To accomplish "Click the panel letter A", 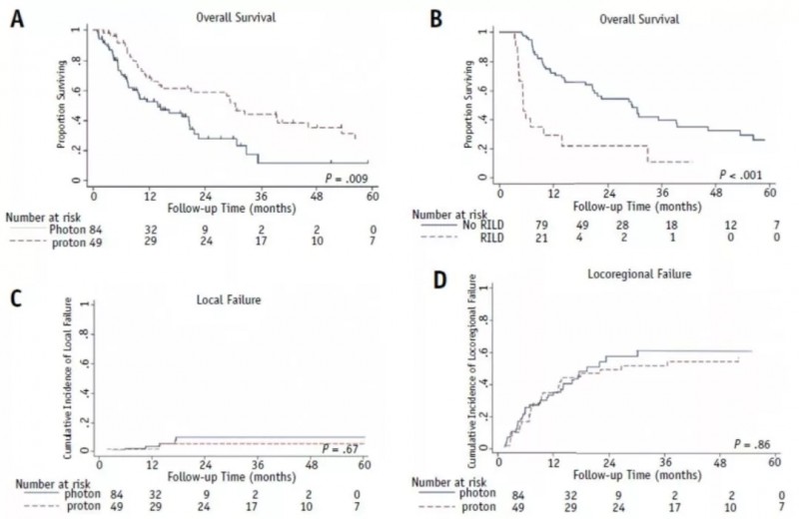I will tap(17, 19).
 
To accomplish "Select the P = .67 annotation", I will tap(343, 446).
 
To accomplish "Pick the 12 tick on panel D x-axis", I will tap(552, 461).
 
